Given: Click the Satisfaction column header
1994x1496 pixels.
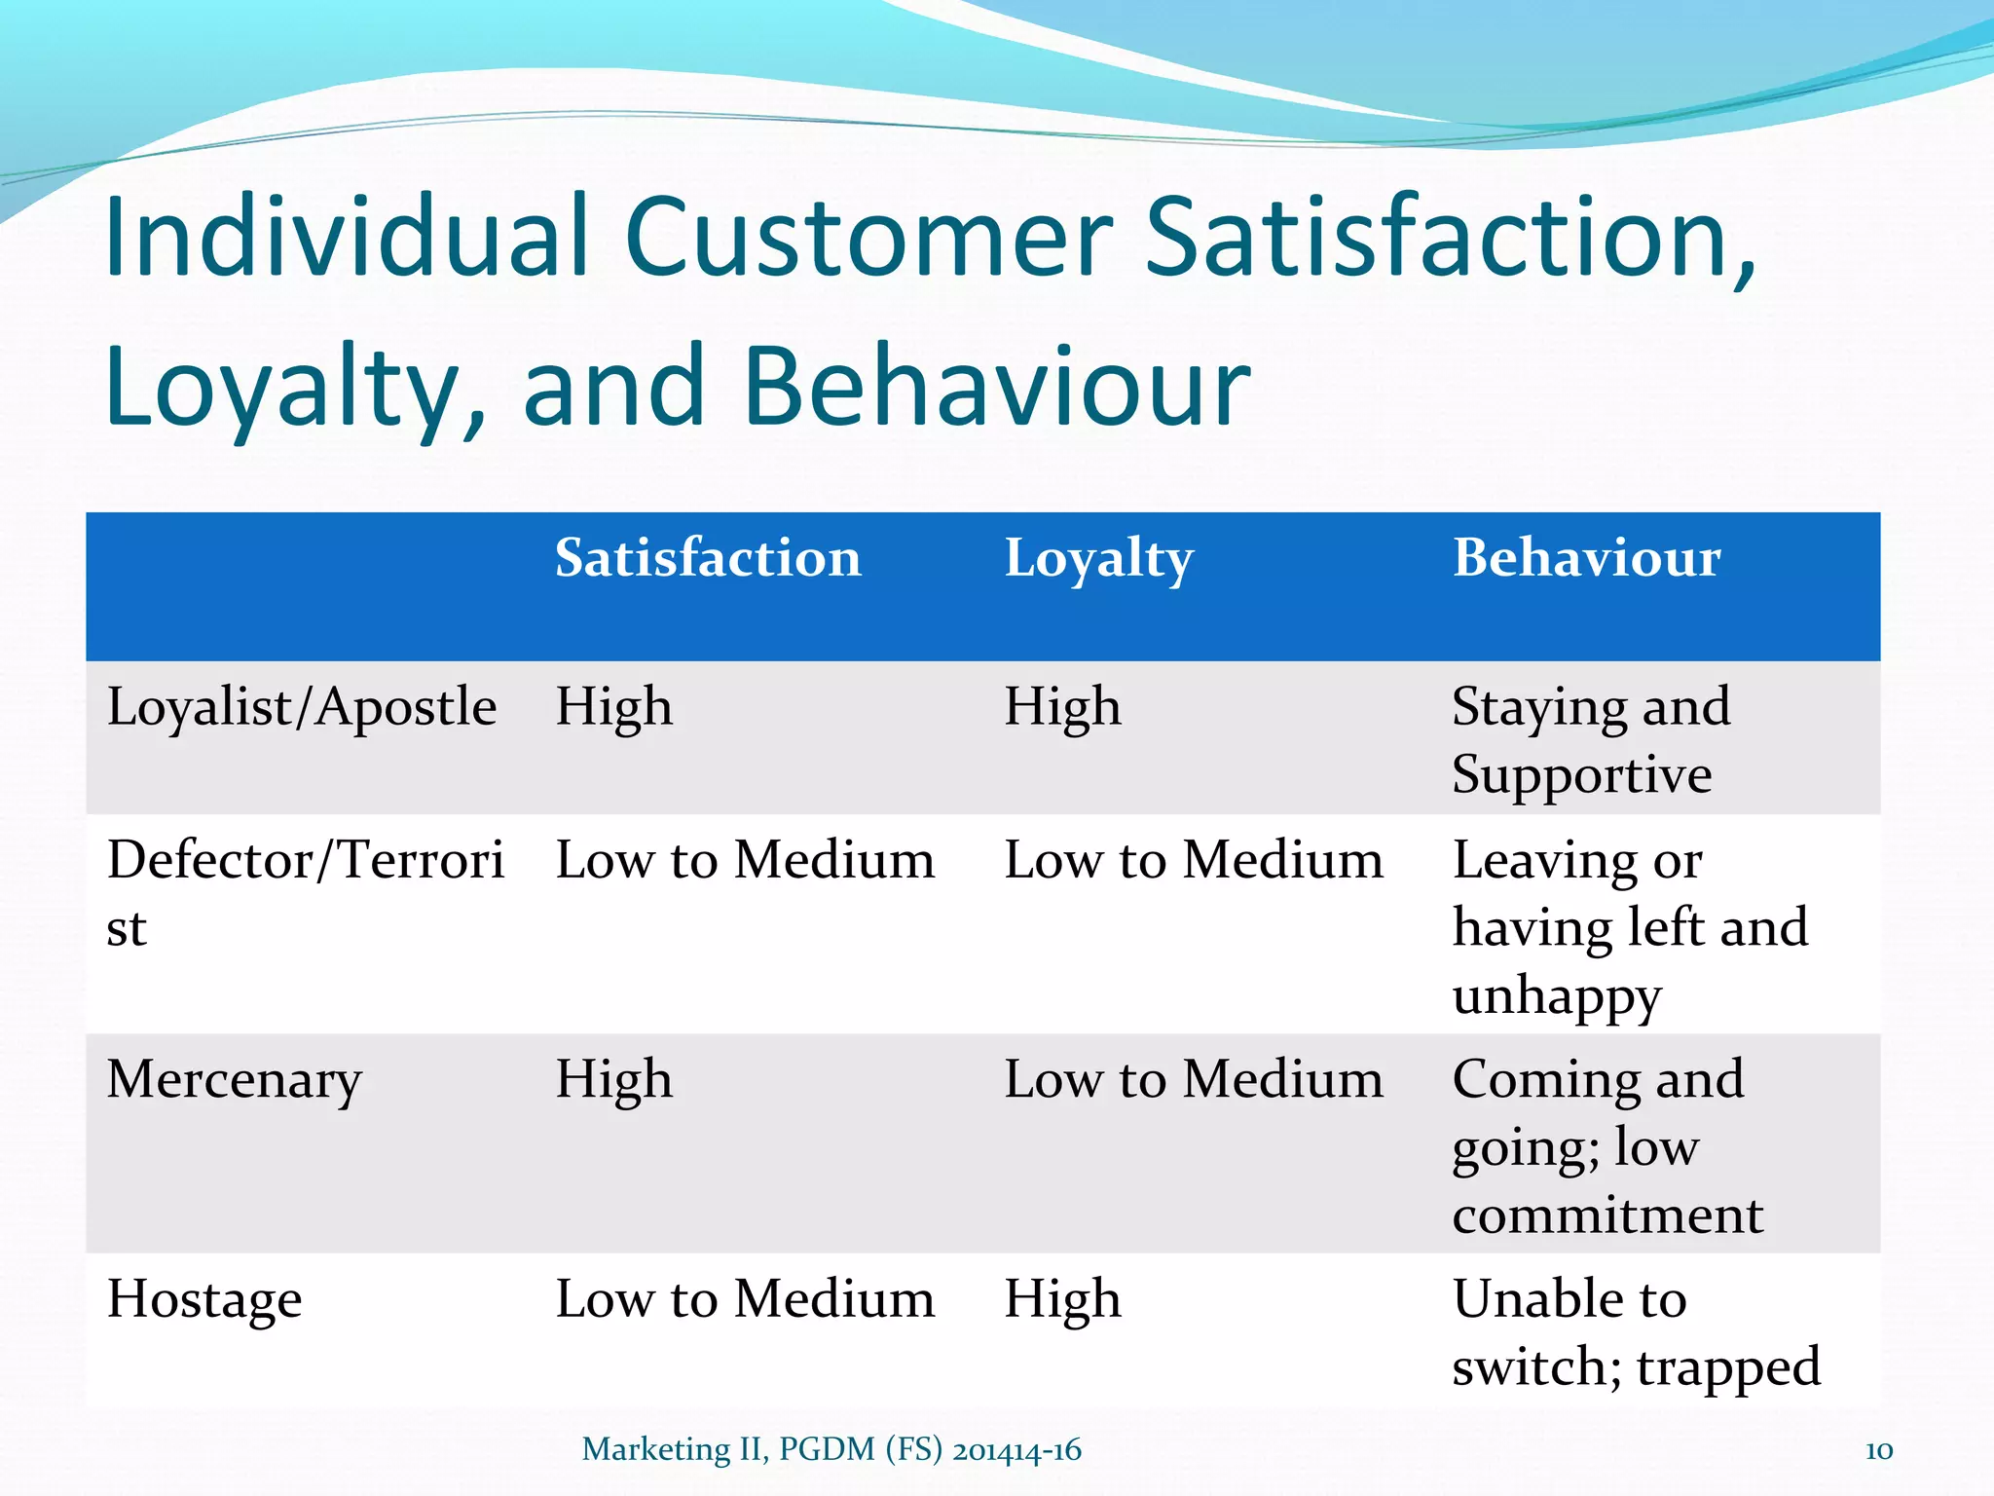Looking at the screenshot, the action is (708, 559).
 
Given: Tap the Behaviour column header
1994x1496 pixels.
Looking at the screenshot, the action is (1586, 559).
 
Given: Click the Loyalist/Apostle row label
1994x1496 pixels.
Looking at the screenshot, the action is (301, 707).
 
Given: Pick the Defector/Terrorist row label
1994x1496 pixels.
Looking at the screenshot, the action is (305, 892).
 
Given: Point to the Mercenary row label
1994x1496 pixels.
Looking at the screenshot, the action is (234, 1080).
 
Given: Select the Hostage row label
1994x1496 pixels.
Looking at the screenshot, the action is (204, 1300).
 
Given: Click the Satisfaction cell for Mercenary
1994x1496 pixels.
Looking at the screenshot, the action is (613, 1080).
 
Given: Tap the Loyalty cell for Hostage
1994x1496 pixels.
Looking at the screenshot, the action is (1062, 1300).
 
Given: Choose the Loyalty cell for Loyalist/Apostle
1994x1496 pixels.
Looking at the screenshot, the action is (1062, 707).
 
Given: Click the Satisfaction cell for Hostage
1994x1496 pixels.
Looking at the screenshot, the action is (745, 1299).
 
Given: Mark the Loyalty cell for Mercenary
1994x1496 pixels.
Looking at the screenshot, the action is (1194, 1080).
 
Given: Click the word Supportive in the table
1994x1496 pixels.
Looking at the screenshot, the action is (1581, 776).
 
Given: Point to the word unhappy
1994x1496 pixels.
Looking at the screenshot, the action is (1557, 997).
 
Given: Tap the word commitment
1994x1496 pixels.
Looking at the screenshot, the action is (1607, 1215).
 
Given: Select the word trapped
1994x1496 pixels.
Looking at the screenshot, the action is (1728, 1367).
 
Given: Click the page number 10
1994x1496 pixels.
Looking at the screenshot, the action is (1878, 1450).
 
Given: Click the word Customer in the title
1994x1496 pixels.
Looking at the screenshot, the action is (868, 239).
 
